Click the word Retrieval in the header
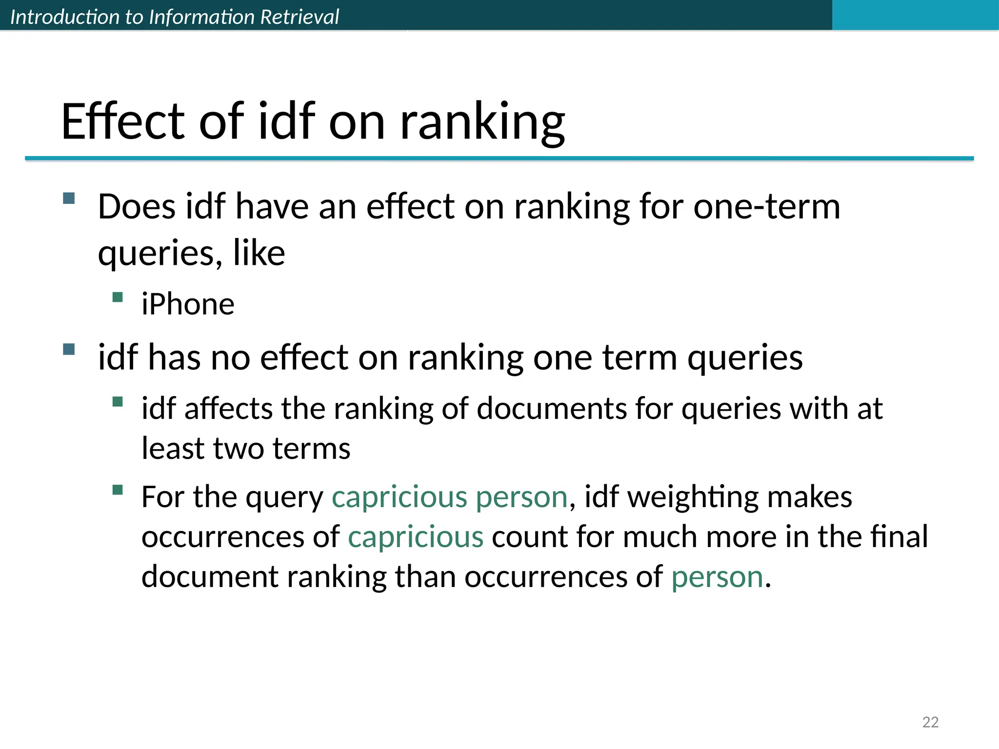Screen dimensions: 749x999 pyautogui.click(x=299, y=17)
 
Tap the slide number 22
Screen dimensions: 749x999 pyautogui.click(x=930, y=722)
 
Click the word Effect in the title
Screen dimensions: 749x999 pyautogui.click(x=122, y=122)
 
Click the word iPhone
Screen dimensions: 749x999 pyautogui.click(x=188, y=304)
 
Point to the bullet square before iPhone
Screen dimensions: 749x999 pyautogui.click(x=117, y=297)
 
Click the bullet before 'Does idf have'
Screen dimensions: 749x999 pyautogui.click(x=69, y=198)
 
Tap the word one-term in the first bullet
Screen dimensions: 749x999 pyautogui.click(x=767, y=207)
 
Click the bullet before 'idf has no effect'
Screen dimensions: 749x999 pyautogui.click(x=69, y=349)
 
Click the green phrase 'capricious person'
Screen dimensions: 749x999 pyautogui.click(x=449, y=497)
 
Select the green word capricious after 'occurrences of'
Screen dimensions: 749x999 pyautogui.click(x=416, y=537)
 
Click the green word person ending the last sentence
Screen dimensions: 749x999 pyautogui.click(x=717, y=577)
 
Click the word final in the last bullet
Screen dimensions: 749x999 pyautogui.click(x=899, y=537)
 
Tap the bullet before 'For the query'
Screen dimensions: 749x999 pyautogui.click(x=117, y=490)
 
